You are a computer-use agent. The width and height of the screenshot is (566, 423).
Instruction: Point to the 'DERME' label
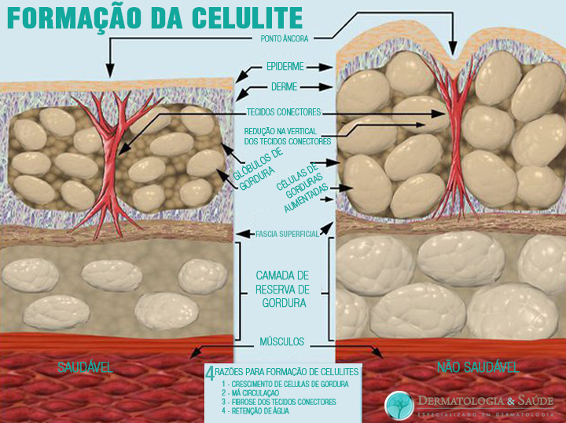click(283, 86)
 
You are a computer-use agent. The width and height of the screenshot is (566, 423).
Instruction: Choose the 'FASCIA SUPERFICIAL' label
click(287, 234)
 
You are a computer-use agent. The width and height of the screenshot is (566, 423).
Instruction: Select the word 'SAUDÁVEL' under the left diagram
click(85, 367)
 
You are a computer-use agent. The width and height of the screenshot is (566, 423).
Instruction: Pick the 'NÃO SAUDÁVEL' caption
click(476, 367)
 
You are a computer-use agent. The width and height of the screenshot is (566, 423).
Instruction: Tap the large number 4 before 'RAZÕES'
click(210, 374)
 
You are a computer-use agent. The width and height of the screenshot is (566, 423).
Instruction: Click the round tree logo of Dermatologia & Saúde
click(399, 405)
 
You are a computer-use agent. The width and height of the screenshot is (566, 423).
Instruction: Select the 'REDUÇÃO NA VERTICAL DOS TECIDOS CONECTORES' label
click(288, 135)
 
